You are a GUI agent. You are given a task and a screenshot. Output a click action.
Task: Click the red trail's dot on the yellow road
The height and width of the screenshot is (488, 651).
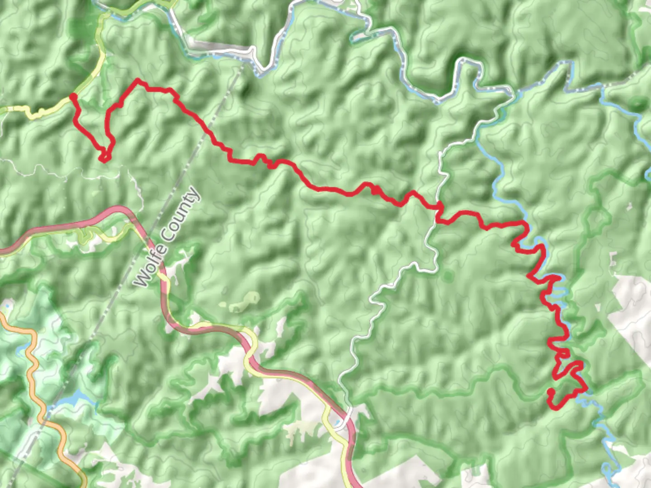coord(73,97)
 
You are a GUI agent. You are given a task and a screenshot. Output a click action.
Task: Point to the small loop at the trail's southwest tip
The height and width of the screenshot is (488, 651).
coord(104,157)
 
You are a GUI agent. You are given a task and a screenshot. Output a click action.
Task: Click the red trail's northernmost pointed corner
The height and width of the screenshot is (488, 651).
coord(138,81)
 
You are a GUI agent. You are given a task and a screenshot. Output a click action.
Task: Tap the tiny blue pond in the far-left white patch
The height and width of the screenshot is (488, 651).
coord(7,306)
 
